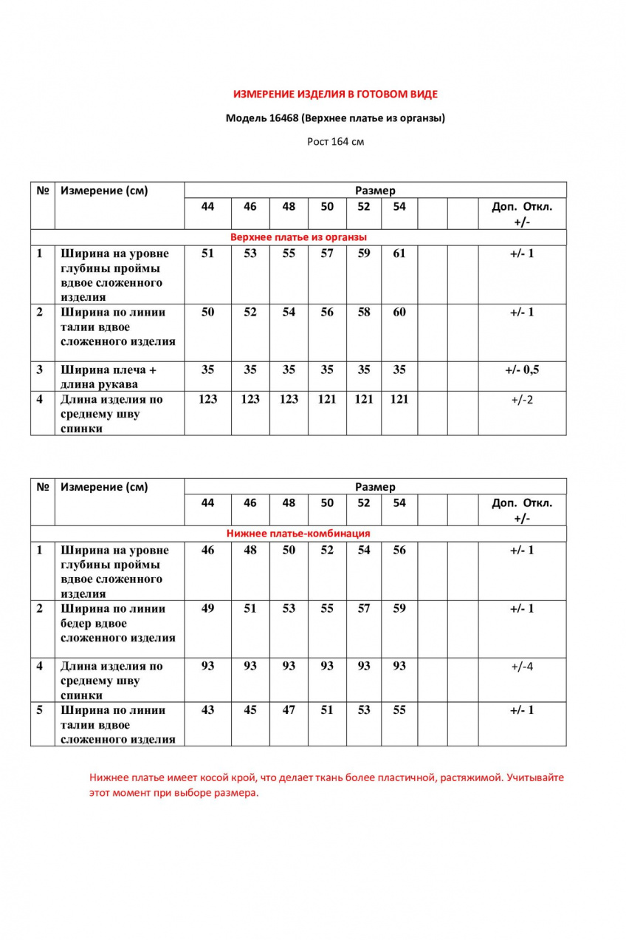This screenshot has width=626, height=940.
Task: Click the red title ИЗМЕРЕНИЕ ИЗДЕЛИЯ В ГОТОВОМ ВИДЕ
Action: click(335, 95)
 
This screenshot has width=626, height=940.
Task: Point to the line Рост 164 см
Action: click(335, 141)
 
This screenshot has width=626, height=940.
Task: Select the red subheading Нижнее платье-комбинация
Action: click(298, 533)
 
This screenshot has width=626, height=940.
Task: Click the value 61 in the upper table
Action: click(399, 253)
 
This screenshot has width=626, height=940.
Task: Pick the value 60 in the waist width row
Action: click(399, 312)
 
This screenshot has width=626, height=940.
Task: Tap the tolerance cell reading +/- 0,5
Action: click(521, 369)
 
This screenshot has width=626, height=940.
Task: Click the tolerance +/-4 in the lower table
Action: click(521, 666)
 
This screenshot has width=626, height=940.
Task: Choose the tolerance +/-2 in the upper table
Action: click(521, 399)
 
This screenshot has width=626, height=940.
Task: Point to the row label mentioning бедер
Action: click(117, 623)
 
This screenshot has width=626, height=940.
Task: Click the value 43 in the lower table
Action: click(207, 710)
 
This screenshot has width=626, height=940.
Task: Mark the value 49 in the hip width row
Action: click(207, 608)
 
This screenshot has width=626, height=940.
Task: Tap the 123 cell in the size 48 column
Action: click(289, 399)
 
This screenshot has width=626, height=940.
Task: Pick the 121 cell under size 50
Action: click(327, 399)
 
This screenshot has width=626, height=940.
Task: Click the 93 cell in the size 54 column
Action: click(399, 666)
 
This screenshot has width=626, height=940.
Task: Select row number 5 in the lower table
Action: click(41, 710)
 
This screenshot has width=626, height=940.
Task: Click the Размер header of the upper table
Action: click(375, 191)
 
